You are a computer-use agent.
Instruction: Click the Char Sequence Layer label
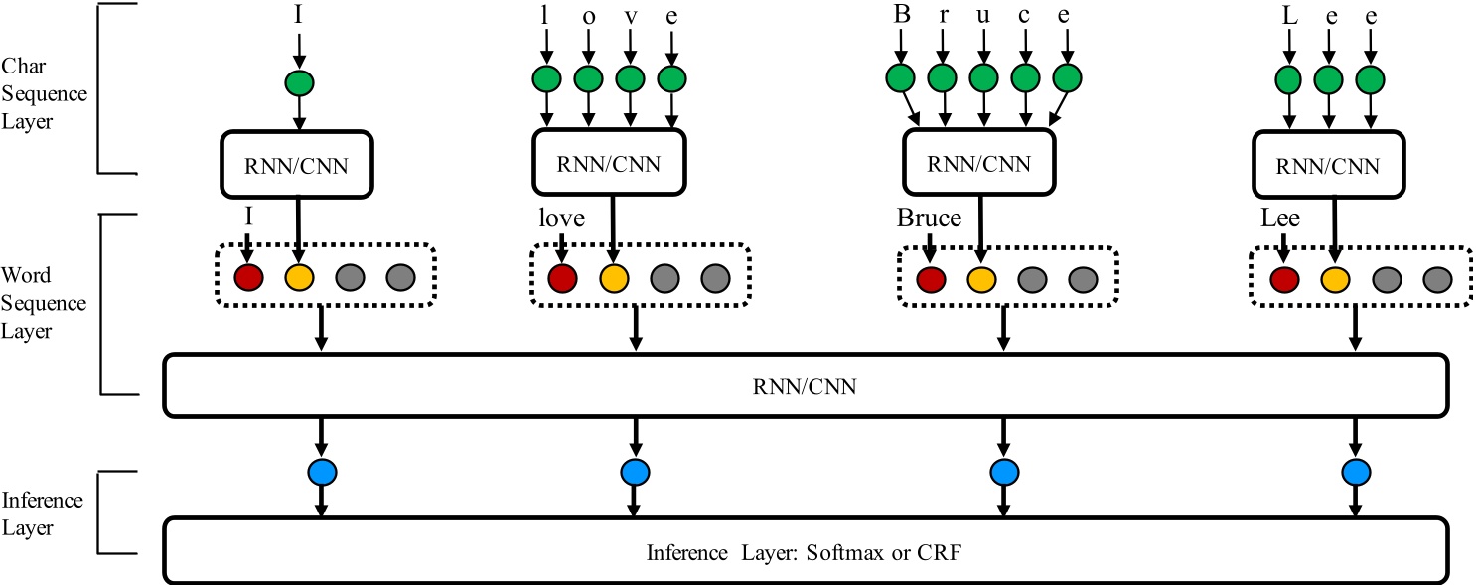click(47, 94)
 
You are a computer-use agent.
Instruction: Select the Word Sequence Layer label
click(47, 303)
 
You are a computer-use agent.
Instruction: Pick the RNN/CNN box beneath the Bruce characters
click(978, 163)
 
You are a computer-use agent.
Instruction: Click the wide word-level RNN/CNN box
click(804, 384)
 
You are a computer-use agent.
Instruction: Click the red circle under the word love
click(562, 278)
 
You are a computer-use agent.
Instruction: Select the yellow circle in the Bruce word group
click(981, 281)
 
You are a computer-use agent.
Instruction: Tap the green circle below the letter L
click(1288, 77)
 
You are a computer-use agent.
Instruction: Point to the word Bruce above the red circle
click(928, 218)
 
